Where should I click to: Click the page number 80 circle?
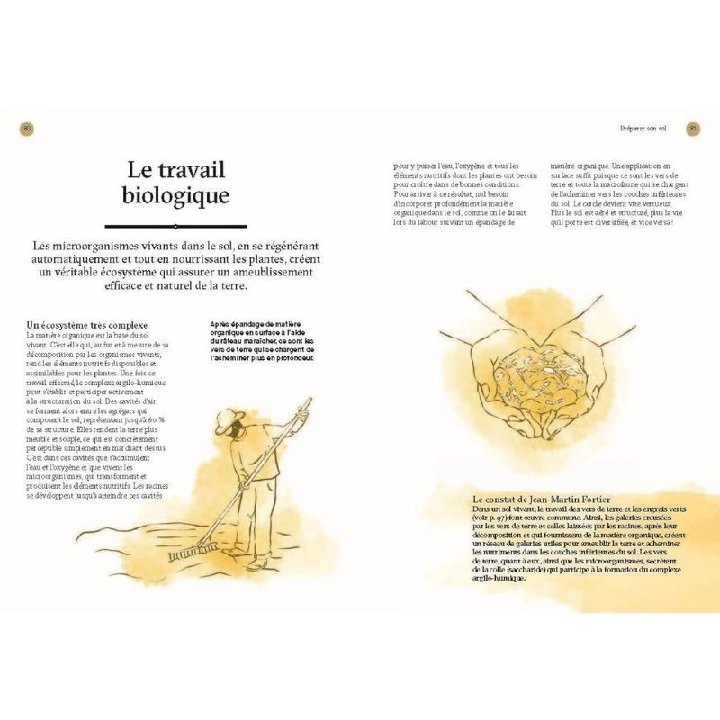[x=27, y=130]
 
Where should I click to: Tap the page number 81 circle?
[x=693, y=130]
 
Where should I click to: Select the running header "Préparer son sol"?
[x=643, y=130]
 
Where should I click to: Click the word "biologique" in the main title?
[x=175, y=195]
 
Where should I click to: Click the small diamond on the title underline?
[x=175, y=226]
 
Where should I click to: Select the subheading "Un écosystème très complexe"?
[x=87, y=324]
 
